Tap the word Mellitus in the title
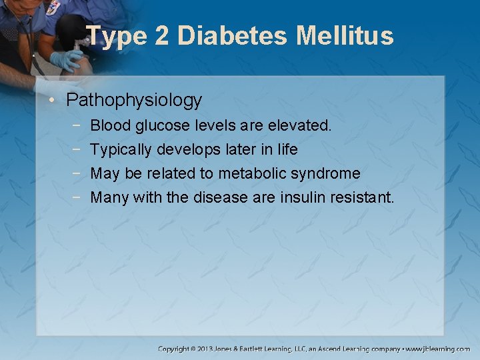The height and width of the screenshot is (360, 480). click(345, 36)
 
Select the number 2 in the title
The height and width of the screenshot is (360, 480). click(161, 36)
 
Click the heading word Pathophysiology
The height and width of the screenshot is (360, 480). click(134, 101)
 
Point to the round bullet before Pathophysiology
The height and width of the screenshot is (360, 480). click(55, 101)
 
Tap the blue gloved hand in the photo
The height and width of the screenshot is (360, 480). click(67, 61)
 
